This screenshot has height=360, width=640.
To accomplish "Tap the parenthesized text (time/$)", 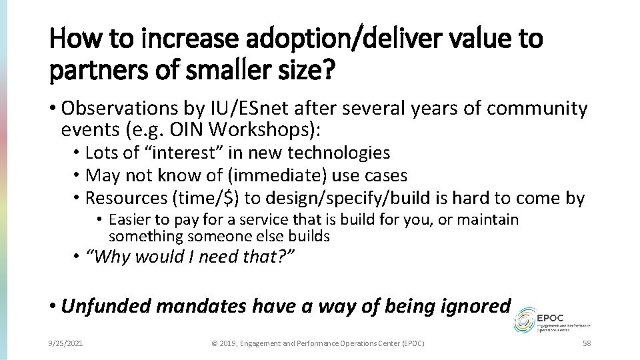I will [198, 198].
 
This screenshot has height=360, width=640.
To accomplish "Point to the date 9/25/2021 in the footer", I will [65, 343].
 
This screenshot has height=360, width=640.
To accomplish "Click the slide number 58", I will [586, 343].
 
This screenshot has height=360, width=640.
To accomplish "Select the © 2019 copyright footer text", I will [318, 343].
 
